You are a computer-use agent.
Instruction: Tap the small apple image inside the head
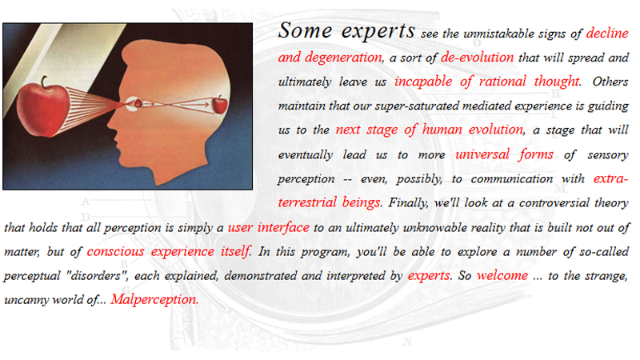(x=219, y=103)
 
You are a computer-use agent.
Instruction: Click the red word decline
(x=606, y=34)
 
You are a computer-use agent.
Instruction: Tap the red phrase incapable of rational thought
(x=486, y=82)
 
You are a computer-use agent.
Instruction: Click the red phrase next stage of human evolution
(x=429, y=129)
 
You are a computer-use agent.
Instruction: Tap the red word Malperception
(x=154, y=300)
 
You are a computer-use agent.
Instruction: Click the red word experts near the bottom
(x=429, y=275)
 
